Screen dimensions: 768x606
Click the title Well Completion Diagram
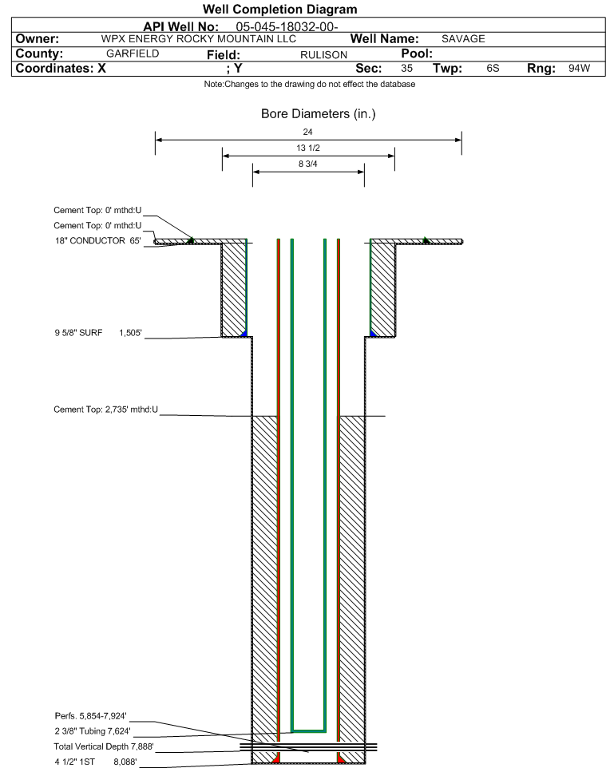(x=280, y=10)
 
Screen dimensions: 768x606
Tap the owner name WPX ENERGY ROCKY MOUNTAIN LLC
(x=199, y=39)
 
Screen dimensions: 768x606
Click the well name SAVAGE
(x=463, y=39)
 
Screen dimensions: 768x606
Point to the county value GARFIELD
(x=133, y=53)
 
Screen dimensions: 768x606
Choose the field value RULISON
(x=323, y=54)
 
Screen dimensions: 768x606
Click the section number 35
(x=406, y=69)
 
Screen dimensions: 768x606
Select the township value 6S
(x=493, y=69)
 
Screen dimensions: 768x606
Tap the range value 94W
(x=579, y=69)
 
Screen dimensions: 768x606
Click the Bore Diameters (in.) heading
(x=318, y=114)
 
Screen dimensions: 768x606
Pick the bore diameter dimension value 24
(x=308, y=132)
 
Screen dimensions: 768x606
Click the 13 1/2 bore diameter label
(x=308, y=148)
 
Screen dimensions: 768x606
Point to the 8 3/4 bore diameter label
(x=308, y=164)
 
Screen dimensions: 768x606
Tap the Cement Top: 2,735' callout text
(x=106, y=410)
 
